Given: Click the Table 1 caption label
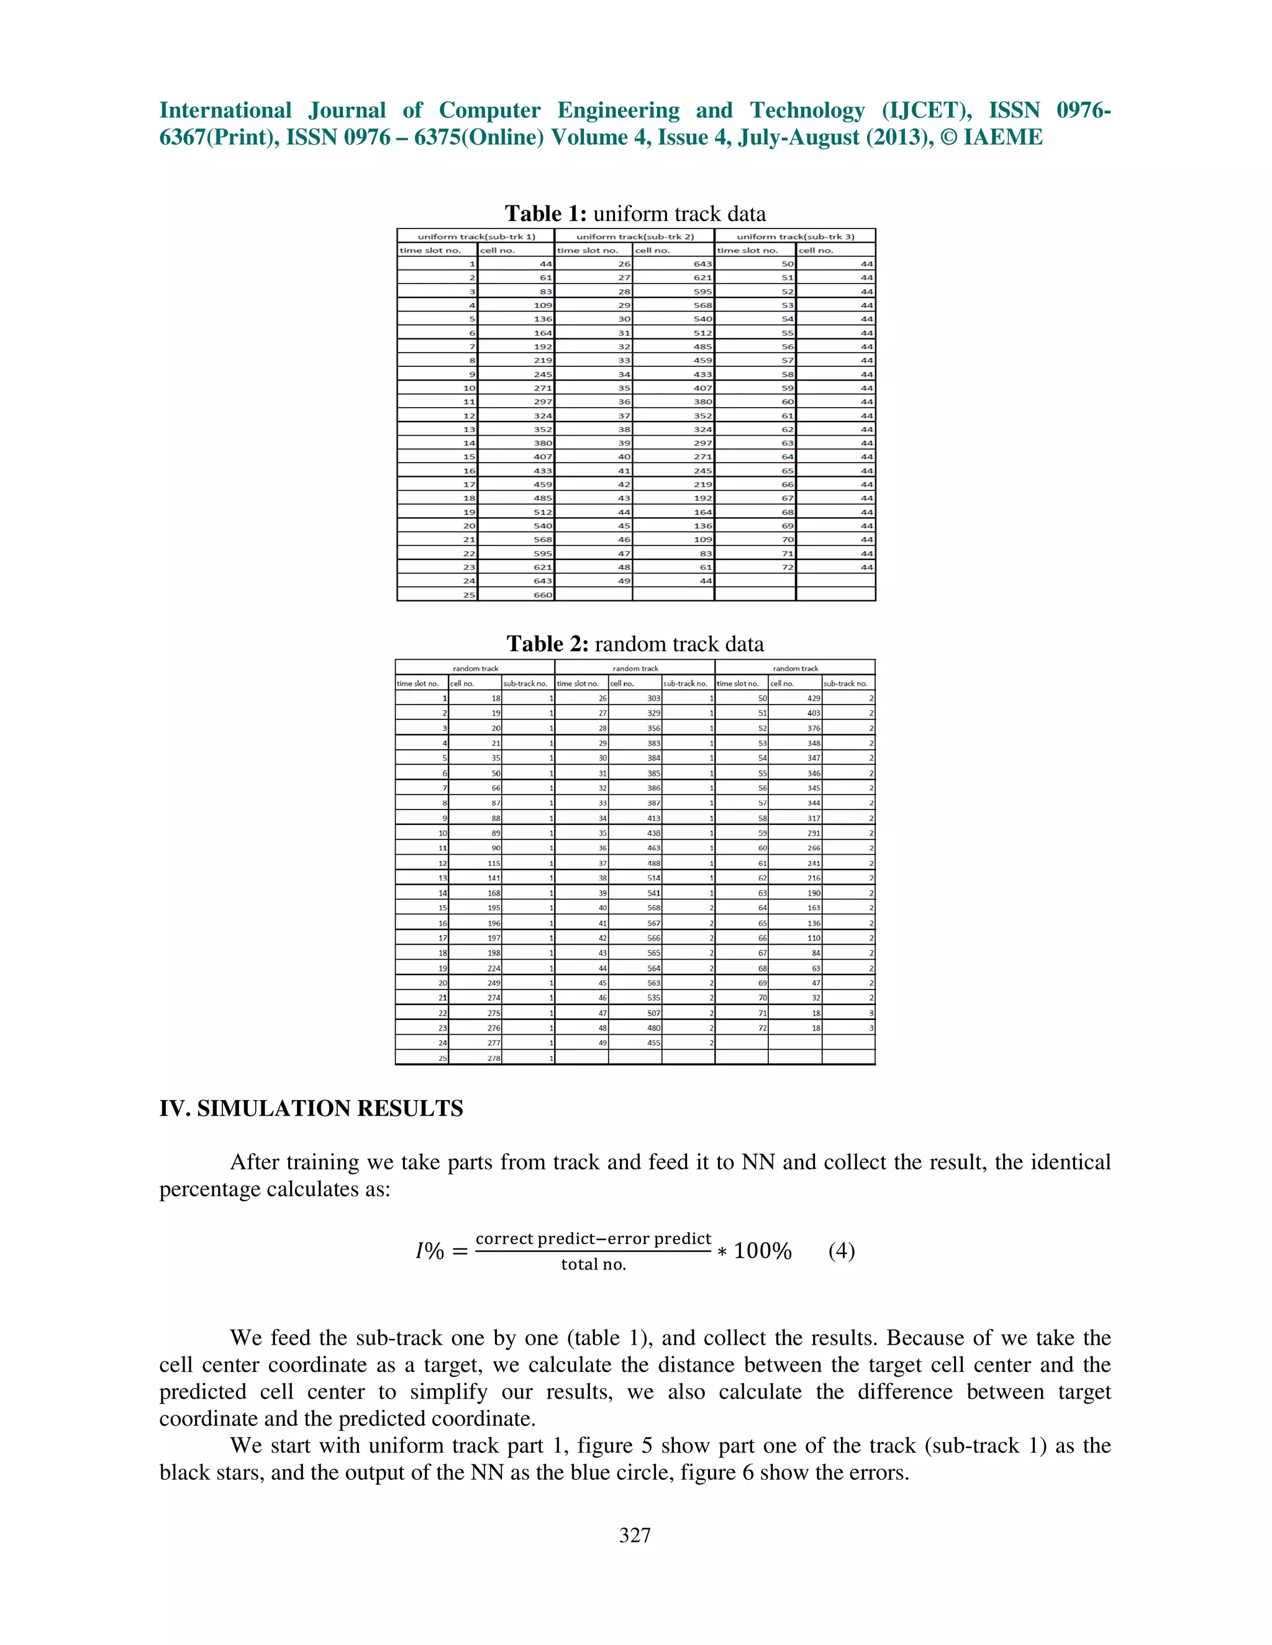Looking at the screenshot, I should pyautogui.click(x=545, y=214).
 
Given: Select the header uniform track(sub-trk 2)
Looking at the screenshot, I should pyautogui.click(x=635, y=237).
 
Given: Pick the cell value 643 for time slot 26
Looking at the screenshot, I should pyautogui.click(x=702, y=264).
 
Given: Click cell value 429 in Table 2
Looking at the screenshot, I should pyautogui.click(x=814, y=699).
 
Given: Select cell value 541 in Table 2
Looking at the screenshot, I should pyautogui.click(x=653, y=893).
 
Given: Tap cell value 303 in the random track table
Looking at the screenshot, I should pyautogui.click(x=653, y=699).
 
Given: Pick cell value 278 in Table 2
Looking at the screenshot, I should pyautogui.click(x=494, y=1058).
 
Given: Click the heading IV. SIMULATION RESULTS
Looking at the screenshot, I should pyautogui.click(x=311, y=1109).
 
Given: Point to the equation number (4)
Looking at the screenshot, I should pyautogui.click(x=841, y=1251).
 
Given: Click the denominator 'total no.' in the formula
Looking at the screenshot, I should pyautogui.click(x=593, y=1264).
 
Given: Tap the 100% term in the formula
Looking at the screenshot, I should pyautogui.click(x=762, y=1251).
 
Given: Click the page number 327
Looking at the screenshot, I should pyautogui.click(x=635, y=1535).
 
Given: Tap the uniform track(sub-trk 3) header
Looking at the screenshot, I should pyautogui.click(x=795, y=237).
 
